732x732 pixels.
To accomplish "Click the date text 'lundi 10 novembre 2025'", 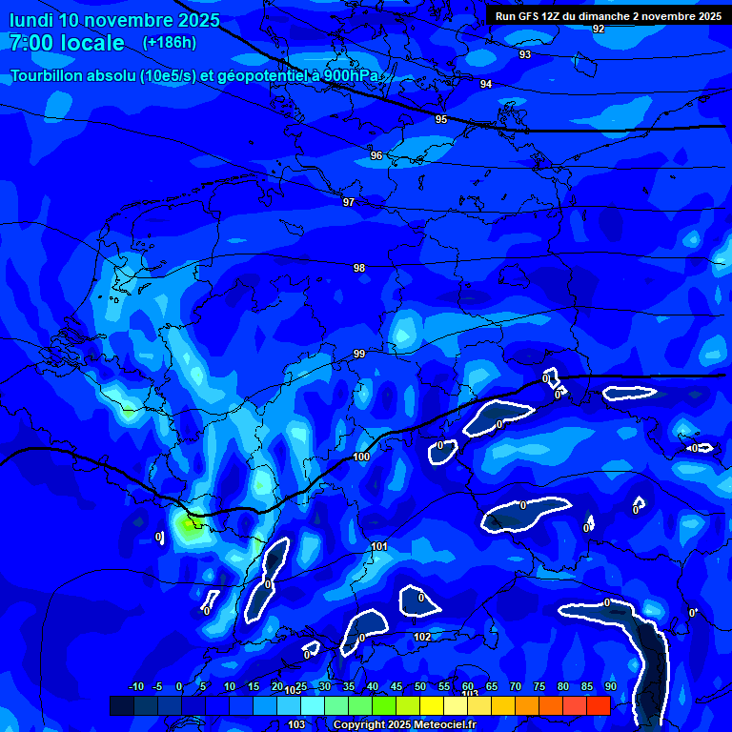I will tap(114, 20).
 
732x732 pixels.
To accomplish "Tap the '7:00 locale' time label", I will tap(67, 43).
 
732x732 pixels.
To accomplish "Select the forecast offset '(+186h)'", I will tap(170, 42).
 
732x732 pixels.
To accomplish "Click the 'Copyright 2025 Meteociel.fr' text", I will tap(404, 725).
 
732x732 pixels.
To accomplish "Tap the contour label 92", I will tap(599, 30).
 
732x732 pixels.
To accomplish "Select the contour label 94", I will tap(486, 85).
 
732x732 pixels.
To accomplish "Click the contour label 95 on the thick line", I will tap(440, 119).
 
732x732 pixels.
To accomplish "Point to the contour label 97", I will tap(349, 203).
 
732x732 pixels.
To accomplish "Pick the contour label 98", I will tap(359, 268).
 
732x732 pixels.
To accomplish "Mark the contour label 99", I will tap(359, 355).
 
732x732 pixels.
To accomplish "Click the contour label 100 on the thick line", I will tap(361, 457).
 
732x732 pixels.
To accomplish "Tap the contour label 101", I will tap(379, 546).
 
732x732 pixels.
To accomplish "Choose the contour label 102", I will tap(422, 637).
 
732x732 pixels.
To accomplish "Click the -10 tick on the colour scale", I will tap(135, 687).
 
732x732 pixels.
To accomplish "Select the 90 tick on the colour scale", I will tap(610, 687).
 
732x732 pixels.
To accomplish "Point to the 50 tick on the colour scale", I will tap(420, 687).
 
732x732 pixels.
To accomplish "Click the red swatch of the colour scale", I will tap(598, 705).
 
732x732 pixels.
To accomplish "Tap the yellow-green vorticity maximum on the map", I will tap(187, 527).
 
